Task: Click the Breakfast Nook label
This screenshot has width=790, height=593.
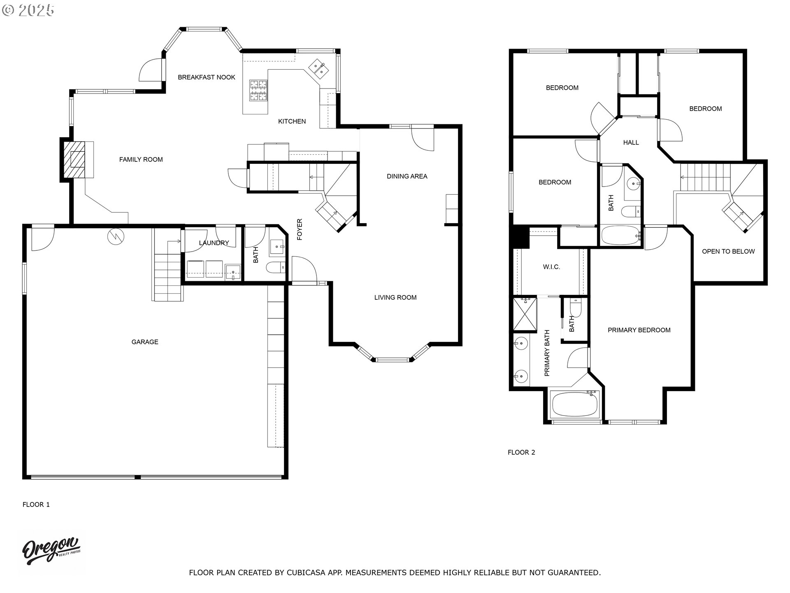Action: [207, 77]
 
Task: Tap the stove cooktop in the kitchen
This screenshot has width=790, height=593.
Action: [258, 91]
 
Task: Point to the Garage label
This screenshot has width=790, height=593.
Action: [145, 342]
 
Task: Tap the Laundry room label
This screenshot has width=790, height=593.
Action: [214, 243]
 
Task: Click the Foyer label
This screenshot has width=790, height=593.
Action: [300, 229]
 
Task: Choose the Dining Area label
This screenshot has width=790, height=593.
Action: [407, 176]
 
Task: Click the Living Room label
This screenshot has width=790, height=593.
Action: [395, 297]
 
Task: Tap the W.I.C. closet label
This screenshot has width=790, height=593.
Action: [551, 267]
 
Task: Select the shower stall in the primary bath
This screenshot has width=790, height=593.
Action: [525, 315]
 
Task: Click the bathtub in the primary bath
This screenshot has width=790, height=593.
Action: [574, 404]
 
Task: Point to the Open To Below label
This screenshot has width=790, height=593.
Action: [728, 251]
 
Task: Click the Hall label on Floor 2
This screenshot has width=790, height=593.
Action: [631, 142]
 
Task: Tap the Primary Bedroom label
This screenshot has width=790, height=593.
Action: [639, 330]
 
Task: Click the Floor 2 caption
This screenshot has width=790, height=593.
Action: [521, 452]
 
